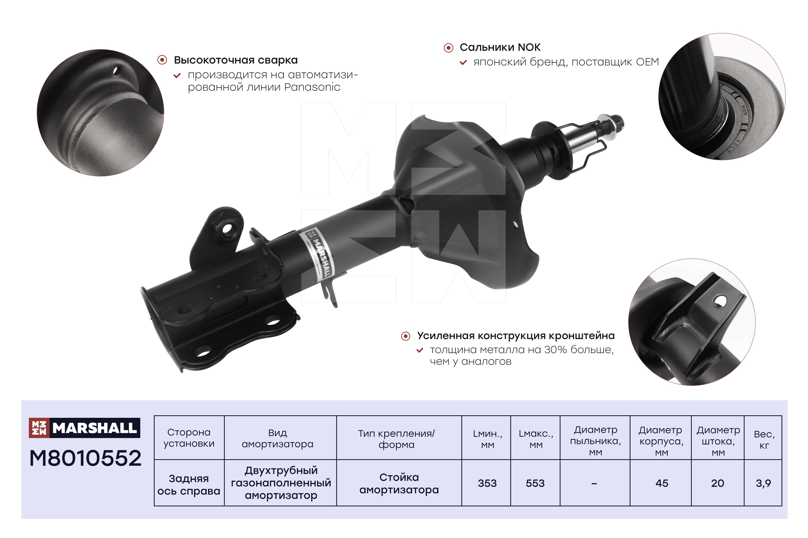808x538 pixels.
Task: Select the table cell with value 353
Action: [487, 483]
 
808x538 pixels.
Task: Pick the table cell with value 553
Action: [535, 483]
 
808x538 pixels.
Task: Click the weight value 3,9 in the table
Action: [763, 483]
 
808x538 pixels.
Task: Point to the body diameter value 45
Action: [662, 483]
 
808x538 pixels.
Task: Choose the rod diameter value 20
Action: [718, 483]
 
